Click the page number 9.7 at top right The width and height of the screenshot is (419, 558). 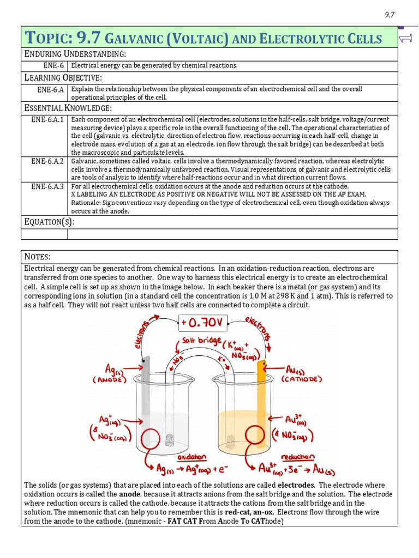[389, 15]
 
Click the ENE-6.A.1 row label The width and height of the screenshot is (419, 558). [47, 119]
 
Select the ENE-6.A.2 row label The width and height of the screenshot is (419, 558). [47, 161]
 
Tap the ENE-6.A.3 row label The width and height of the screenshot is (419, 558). [47, 186]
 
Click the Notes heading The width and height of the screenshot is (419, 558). [38, 256]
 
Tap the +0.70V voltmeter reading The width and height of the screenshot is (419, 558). [201, 324]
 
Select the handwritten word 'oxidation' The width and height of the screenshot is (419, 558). [192, 457]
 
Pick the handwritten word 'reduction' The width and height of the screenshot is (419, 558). [297, 457]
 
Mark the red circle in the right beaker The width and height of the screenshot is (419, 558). [258, 439]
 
